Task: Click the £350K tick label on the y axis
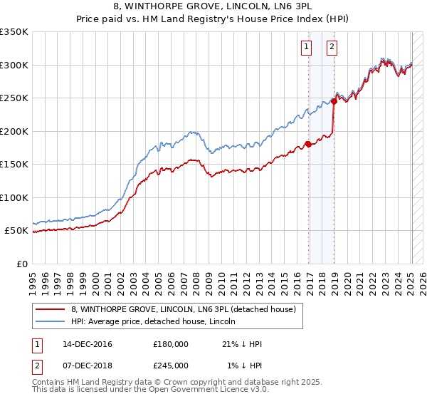click(14, 32)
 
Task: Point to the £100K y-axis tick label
click(14, 197)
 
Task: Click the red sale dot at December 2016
click(308, 144)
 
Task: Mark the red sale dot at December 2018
click(334, 101)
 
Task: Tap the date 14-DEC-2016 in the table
click(88, 344)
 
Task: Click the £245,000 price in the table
click(171, 365)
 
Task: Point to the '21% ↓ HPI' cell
click(242, 344)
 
